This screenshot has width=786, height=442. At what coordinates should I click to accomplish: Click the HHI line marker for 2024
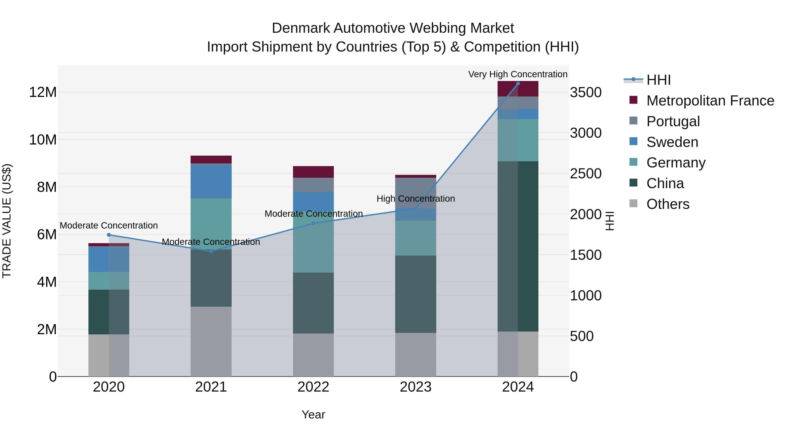[518, 84]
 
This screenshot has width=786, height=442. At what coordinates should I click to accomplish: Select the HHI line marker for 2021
[211, 251]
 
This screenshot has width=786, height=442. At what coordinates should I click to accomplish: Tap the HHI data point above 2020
[109, 235]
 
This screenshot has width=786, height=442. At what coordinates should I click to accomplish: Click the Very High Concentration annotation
[518, 74]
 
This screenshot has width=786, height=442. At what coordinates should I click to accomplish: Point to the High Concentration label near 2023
[415, 199]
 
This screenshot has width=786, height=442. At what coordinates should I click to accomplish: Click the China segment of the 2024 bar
[518, 246]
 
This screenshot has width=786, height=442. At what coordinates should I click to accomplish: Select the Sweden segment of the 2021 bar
[211, 182]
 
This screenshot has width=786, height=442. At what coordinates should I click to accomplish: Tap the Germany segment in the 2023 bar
[415, 238]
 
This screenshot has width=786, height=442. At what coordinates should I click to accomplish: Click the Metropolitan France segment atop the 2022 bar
[313, 172]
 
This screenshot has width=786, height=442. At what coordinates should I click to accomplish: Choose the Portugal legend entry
[673, 121]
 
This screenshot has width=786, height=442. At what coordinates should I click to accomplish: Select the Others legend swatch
[633, 203]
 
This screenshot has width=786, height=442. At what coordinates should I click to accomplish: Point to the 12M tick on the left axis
[43, 92]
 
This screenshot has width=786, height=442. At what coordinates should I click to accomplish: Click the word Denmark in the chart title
[301, 28]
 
